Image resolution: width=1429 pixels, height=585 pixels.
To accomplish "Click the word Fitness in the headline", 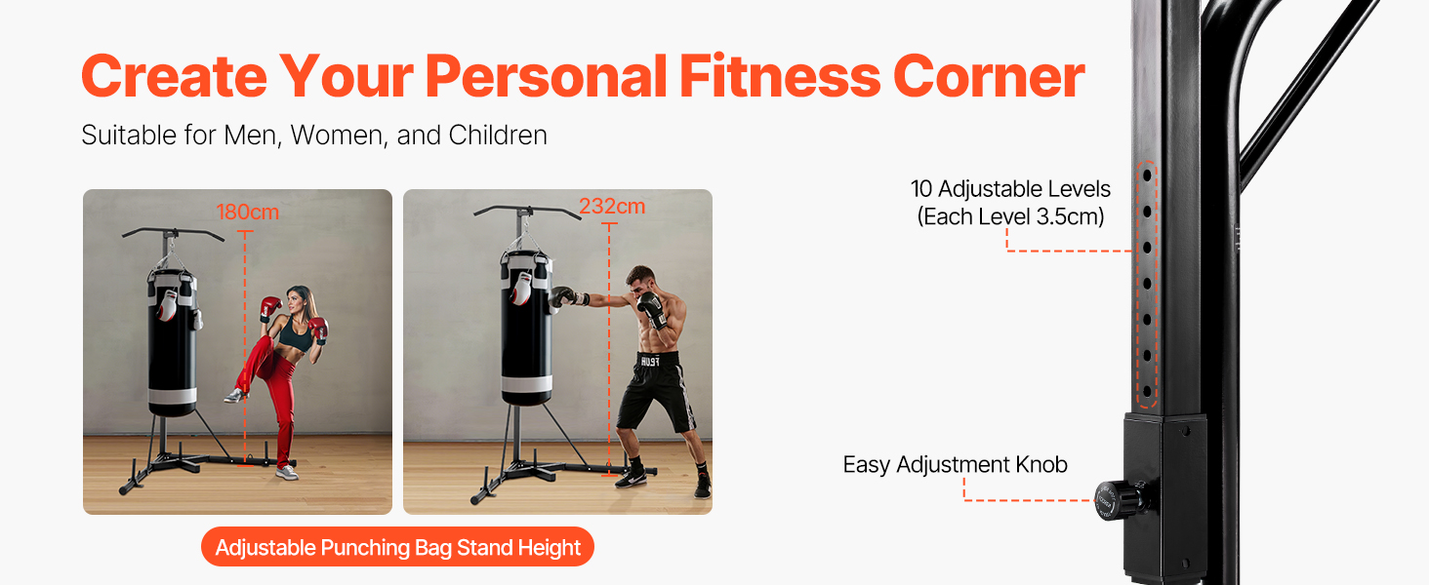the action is (780, 76).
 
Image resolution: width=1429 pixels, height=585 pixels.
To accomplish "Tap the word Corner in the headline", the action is (989, 76).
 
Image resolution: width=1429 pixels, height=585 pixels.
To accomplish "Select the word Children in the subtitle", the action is (498, 136).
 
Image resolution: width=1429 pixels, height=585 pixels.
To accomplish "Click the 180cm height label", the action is (248, 212).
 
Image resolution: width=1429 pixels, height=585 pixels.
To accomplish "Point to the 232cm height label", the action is (612, 206).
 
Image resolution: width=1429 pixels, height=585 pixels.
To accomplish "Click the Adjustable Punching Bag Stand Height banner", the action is (397, 547).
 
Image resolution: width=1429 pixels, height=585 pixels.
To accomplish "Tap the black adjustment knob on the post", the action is (1120, 500).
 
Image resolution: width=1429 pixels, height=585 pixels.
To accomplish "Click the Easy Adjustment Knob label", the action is (955, 464).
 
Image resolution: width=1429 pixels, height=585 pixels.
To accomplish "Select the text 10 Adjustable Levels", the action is (1010, 188).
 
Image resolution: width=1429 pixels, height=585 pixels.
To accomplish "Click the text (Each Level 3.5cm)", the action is (1010, 216).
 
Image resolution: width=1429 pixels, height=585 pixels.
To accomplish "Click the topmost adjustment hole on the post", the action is (1147, 174).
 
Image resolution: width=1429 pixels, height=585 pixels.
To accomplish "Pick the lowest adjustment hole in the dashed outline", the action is (1147, 391).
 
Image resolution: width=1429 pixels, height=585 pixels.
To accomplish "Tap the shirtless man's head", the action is (640, 283).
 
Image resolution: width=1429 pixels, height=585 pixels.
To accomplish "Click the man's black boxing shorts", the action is (657, 389).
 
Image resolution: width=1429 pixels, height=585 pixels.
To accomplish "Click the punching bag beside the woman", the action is (172, 344).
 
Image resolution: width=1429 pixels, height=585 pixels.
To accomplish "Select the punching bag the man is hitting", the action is (526, 329).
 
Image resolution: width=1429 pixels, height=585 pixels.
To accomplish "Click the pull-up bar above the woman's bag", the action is (173, 232).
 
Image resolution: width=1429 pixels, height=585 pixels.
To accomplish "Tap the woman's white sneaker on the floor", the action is (286, 472).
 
